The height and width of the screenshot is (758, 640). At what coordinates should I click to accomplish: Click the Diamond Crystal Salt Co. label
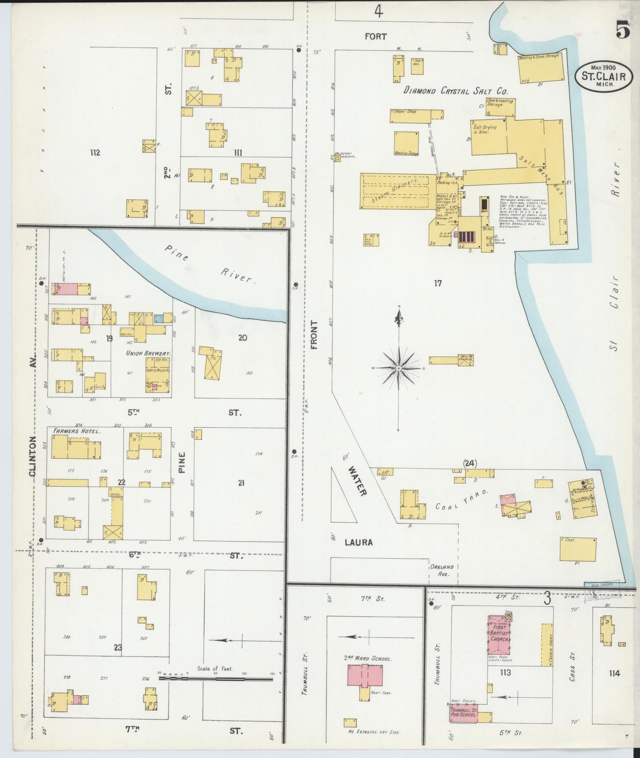tap(455, 91)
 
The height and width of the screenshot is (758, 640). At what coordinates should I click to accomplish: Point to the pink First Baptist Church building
tap(499, 635)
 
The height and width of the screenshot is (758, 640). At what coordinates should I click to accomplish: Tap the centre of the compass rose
tap(399, 368)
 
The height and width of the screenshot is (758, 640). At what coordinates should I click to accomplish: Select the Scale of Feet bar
tap(216, 678)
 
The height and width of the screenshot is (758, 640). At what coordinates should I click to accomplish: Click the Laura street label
tap(358, 542)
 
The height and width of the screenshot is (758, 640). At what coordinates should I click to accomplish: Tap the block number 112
tap(95, 153)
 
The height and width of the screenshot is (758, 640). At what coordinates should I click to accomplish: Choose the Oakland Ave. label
tap(442, 570)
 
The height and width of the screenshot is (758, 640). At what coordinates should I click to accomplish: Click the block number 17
tap(438, 283)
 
